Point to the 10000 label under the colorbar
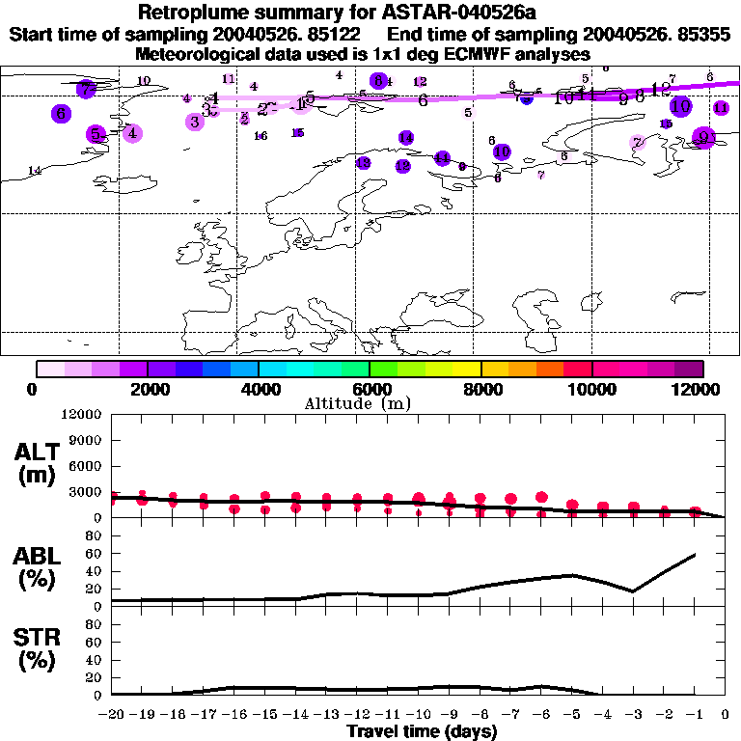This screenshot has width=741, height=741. coord(592,389)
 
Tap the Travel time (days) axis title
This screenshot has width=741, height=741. coord(422,731)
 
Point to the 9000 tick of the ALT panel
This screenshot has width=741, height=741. coord(85,440)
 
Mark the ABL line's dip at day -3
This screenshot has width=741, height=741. coord(633,591)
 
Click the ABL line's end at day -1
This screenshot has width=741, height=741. coord(695,555)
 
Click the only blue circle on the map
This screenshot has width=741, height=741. coord(526,98)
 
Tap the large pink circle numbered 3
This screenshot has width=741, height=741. coord(195,122)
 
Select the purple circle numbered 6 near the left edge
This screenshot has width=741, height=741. coord(61,113)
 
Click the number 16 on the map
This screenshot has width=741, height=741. coord(261,136)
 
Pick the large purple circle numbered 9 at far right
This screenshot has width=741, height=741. coord(705,137)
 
